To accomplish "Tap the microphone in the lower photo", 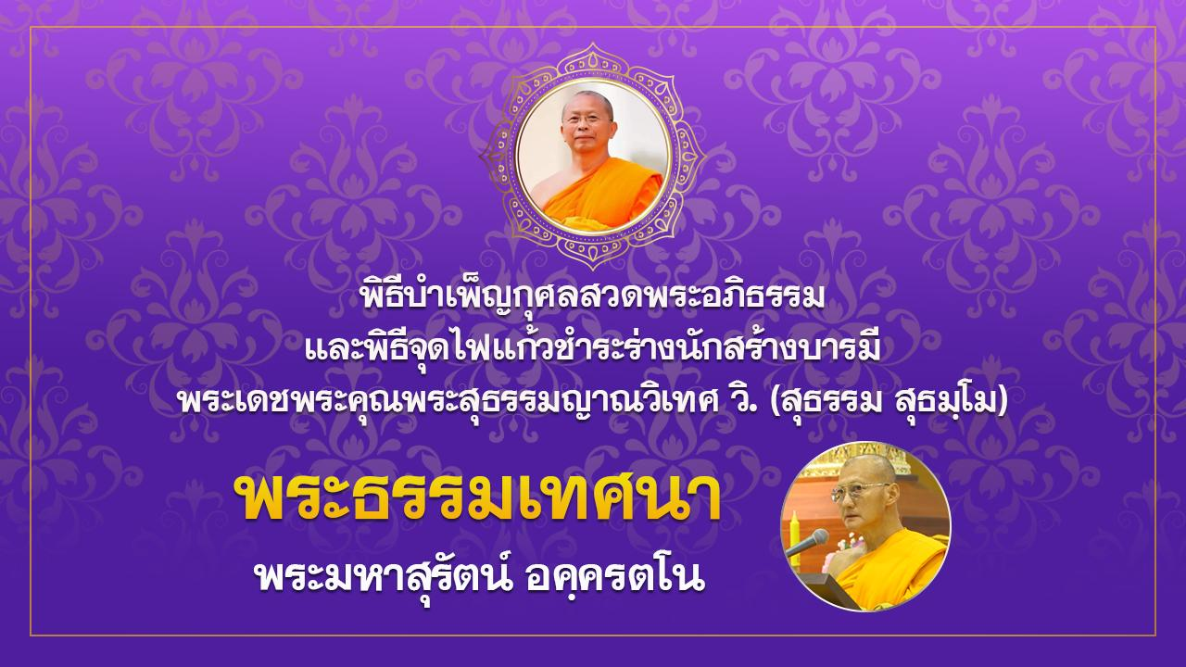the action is [x=806, y=543].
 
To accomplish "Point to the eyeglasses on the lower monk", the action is [x=859, y=491].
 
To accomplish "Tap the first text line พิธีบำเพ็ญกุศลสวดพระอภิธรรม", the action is [x=593, y=297].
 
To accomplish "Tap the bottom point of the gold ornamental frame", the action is [x=593, y=267].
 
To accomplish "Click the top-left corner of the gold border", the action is [x=32, y=27].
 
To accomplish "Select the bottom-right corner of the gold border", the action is [x=1154, y=635].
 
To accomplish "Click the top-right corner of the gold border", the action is [x=1154, y=27].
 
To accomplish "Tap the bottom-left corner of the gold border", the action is [x=32, y=635].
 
